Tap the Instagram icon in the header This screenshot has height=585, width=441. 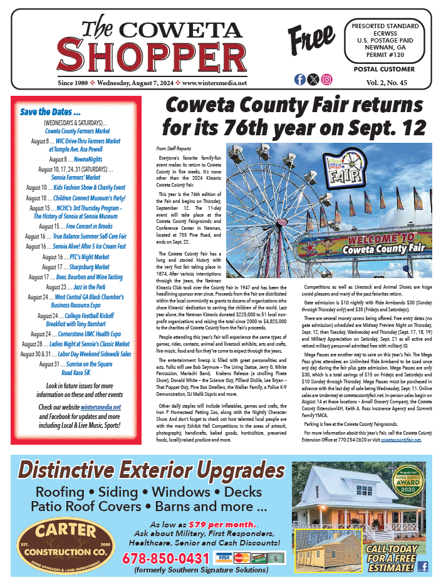[x=327, y=80]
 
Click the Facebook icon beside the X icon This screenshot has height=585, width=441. [x=299, y=80]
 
